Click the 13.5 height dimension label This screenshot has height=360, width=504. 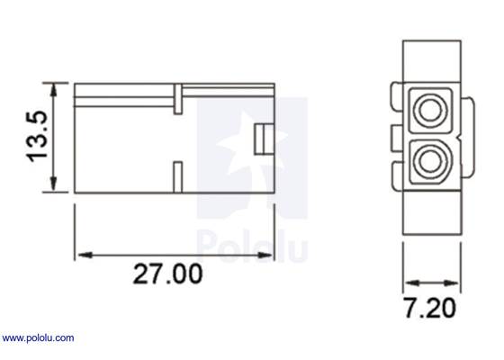tap(37, 136)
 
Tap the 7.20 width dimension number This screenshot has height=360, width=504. tap(428, 309)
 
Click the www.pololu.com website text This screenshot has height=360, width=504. tap(38, 338)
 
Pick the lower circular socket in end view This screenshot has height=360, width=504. tap(429, 163)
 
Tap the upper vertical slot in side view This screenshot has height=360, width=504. tap(178, 99)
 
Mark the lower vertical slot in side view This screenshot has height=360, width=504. tap(178, 176)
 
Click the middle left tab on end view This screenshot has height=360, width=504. tap(395, 137)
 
